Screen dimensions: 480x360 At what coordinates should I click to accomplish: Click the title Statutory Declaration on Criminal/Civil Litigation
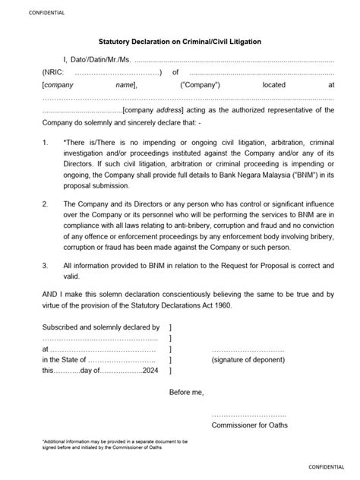(x=180, y=43)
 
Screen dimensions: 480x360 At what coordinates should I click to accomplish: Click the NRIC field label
(x=52, y=73)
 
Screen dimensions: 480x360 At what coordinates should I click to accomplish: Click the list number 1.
(x=46, y=143)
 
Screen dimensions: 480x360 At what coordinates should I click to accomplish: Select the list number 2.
(x=46, y=204)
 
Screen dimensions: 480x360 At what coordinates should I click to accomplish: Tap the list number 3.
(x=46, y=266)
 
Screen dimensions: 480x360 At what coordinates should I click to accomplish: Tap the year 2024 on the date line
(x=151, y=371)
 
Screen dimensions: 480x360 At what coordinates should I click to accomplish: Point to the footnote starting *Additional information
(x=114, y=444)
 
